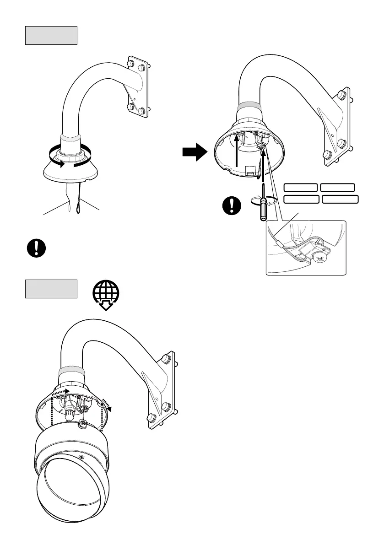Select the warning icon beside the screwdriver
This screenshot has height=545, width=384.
(x=233, y=205)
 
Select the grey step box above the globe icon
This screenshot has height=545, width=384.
(x=51, y=289)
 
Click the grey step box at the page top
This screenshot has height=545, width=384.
(x=51, y=35)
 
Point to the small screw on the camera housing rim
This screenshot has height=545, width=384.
(x=81, y=456)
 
